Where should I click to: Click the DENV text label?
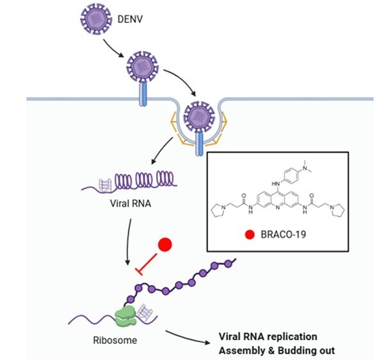click(130, 19)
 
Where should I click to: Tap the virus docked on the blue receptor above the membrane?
click(142, 67)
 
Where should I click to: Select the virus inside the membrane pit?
click(200, 116)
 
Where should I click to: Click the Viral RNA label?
click(131, 203)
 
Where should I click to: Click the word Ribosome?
click(115, 340)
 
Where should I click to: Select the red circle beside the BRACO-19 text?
click(250, 235)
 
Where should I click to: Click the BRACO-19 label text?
click(284, 235)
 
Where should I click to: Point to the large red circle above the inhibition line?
click(165, 244)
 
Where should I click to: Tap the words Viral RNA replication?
click(268, 336)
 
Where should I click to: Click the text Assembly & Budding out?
click(276, 350)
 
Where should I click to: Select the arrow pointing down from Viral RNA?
click(129, 242)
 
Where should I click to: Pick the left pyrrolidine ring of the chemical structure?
click(218, 210)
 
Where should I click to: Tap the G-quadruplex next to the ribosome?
click(145, 312)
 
